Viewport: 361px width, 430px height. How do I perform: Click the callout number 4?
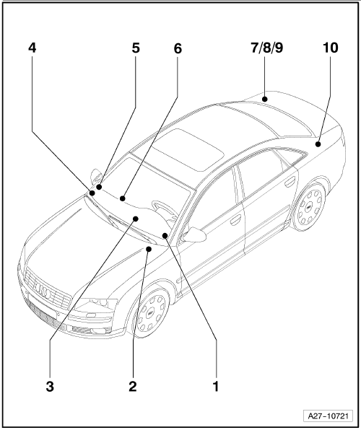(x=32, y=48)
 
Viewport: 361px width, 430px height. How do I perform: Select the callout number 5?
(x=136, y=48)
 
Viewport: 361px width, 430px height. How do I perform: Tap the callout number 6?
(x=178, y=48)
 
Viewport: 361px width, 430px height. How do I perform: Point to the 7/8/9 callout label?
(x=267, y=48)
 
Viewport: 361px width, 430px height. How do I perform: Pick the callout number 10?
(x=330, y=48)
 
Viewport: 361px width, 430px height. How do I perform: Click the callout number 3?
(x=50, y=387)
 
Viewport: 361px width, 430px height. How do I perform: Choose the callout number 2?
(x=133, y=387)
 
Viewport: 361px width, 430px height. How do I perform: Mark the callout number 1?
(x=216, y=387)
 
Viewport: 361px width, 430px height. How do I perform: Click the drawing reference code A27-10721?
(x=328, y=416)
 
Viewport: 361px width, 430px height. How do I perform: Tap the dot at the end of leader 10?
(x=318, y=144)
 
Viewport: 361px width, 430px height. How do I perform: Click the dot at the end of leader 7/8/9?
(x=264, y=99)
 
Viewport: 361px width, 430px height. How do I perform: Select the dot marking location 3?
(x=136, y=219)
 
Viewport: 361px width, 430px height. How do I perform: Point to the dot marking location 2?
(x=149, y=249)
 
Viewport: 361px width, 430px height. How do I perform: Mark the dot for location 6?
(x=123, y=198)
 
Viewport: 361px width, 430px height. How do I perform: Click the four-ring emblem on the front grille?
(x=43, y=290)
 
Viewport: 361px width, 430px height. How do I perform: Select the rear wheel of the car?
(x=310, y=208)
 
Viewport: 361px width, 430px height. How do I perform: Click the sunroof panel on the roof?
(x=187, y=149)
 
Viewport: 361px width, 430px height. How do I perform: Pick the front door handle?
(x=235, y=219)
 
